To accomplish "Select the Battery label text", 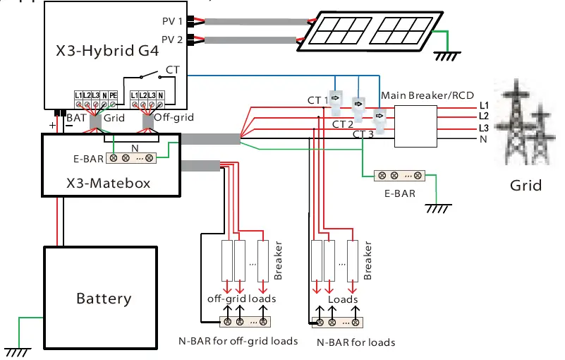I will (x=104, y=299).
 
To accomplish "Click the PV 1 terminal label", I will (x=172, y=21).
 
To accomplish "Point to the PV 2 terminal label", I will (x=172, y=40).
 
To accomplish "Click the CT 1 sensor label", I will (x=318, y=100).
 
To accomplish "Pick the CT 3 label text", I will (x=363, y=134).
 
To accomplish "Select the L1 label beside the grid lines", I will (x=483, y=105).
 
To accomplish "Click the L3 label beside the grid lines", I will (x=483, y=127).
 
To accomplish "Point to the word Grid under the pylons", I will (x=525, y=186).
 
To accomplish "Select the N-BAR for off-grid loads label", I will (x=238, y=341).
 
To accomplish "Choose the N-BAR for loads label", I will (x=356, y=342).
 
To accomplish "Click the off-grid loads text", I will (x=241, y=298).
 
